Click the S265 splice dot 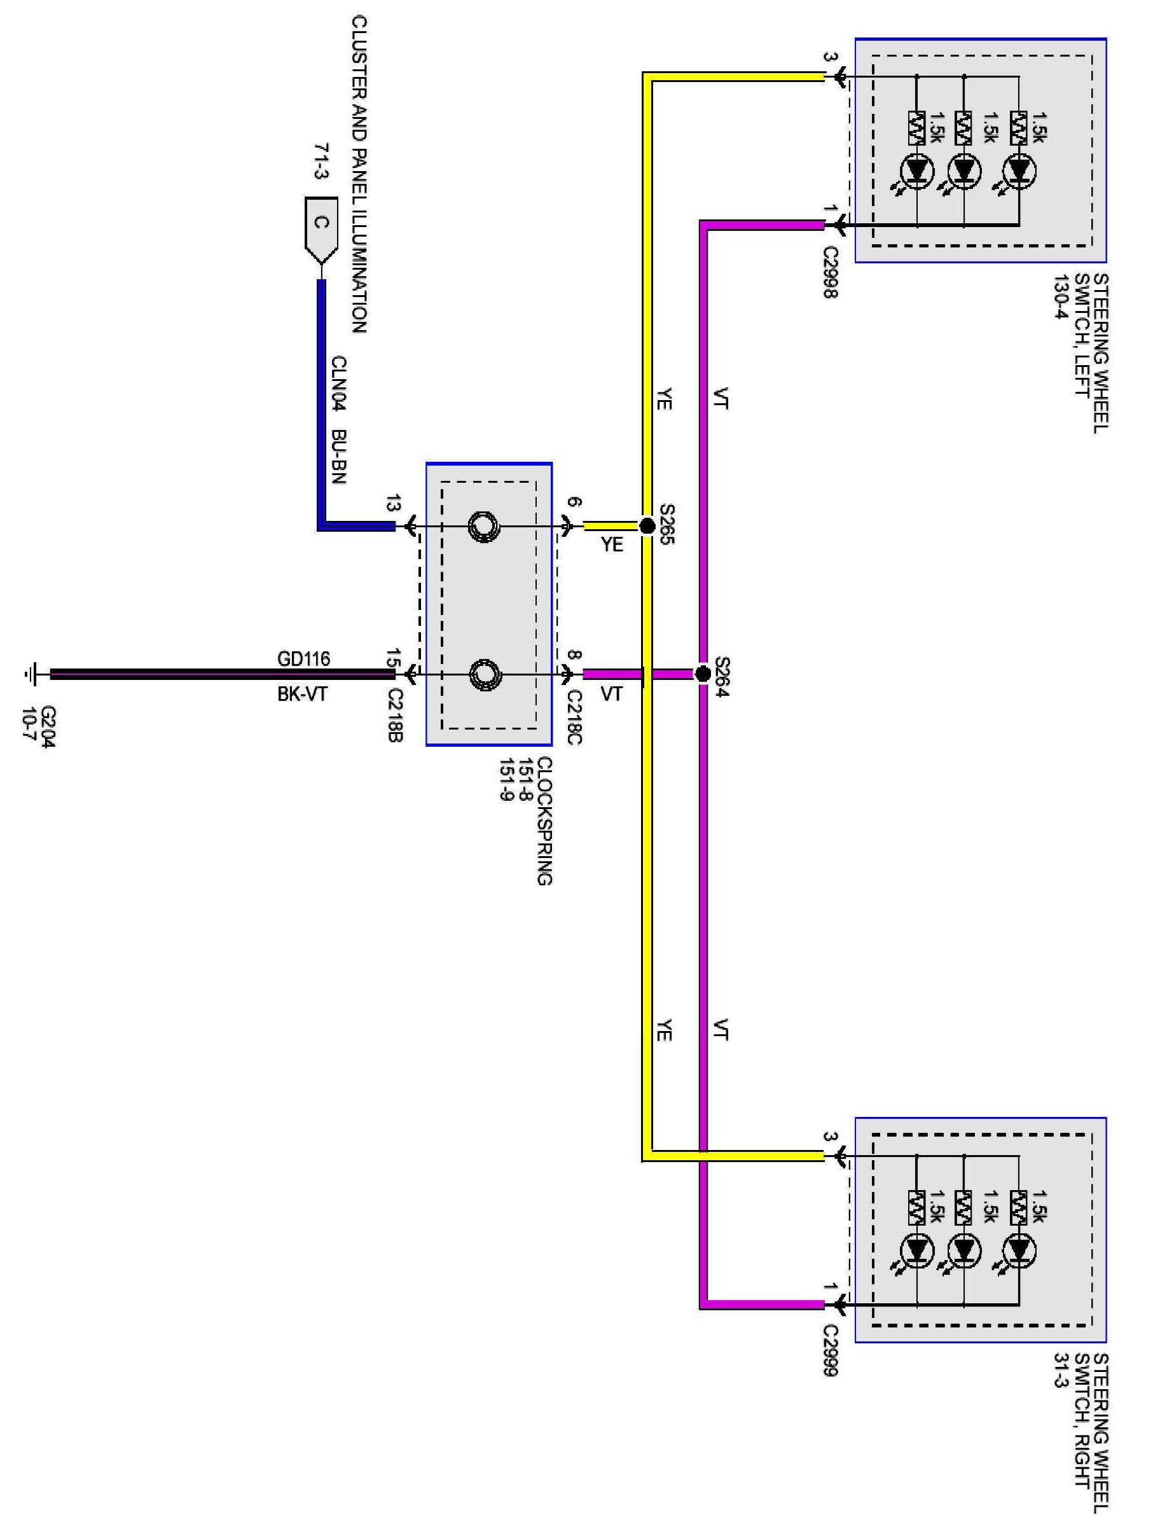click(647, 526)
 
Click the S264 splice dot click(702, 673)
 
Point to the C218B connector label click(395, 714)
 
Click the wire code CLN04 click(338, 384)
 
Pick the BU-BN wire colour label click(338, 457)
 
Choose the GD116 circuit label click(304, 659)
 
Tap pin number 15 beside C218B click(393, 658)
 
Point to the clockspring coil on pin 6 click(483, 527)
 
